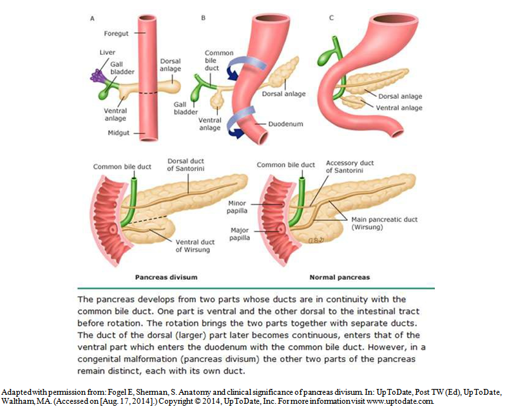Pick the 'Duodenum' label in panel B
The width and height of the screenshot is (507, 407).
coord(283,123)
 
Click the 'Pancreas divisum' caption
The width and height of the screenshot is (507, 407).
coord(166,277)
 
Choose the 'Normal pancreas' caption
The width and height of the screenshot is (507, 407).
coord(340,277)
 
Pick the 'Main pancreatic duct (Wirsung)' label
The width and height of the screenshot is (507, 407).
coord(384,223)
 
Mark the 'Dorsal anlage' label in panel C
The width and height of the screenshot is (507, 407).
coord(401,96)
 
